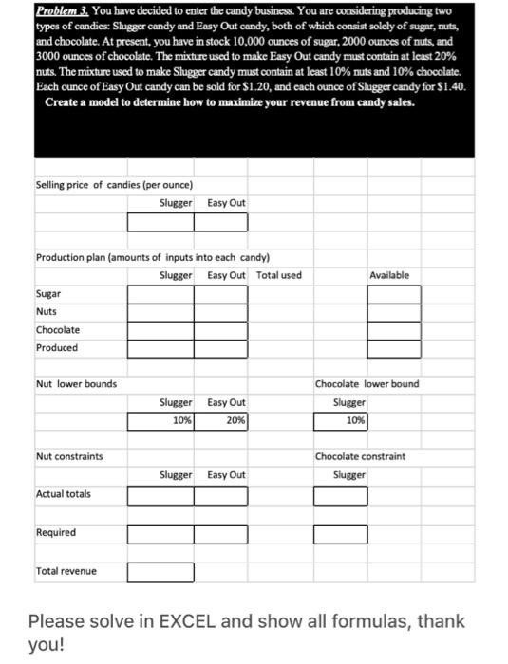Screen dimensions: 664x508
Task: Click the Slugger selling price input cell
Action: [160, 222]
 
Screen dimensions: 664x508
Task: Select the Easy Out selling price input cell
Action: [220, 222]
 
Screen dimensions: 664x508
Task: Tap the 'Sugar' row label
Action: [47, 294]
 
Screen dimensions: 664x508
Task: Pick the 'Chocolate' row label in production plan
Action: [57, 330]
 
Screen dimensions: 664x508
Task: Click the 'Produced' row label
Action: [56, 347]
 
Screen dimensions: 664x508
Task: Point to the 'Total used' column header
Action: [278, 275]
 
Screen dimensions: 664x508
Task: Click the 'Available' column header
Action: [389, 275]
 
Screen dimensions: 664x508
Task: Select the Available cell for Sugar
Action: [393, 294]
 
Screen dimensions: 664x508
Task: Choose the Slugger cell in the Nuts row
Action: [160, 312]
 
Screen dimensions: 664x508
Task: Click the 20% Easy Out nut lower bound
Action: [220, 419]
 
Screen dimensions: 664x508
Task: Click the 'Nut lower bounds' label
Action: [76, 384]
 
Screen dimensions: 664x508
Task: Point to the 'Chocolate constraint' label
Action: [360, 456]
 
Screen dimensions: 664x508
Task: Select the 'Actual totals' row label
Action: [63, 494]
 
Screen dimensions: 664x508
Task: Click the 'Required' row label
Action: [55, 532]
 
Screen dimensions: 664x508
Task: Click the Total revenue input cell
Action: [160, 571]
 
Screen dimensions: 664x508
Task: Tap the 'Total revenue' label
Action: [66, 571]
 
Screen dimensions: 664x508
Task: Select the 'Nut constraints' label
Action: [69, 456]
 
